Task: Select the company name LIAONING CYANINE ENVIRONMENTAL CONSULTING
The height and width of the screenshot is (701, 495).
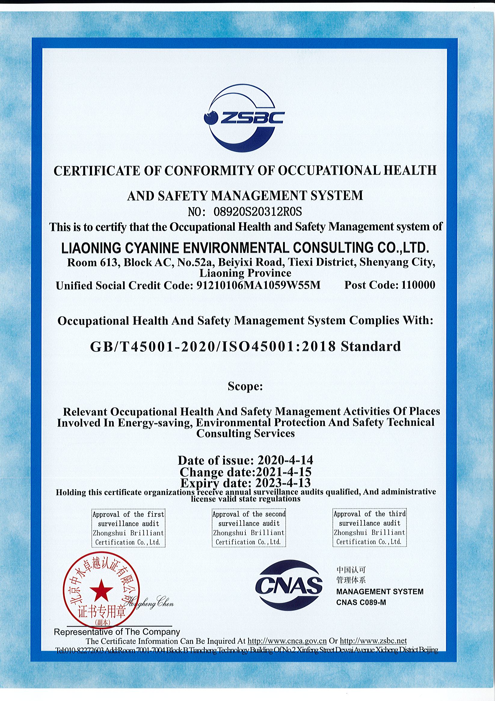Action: point(245,248)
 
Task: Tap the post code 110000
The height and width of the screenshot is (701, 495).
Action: point(418,285)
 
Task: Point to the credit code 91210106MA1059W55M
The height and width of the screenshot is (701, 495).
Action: point(258,285)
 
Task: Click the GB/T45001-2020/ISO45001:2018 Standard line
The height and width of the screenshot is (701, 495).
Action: point(245,346)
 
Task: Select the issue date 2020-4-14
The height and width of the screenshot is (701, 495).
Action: point(285,460)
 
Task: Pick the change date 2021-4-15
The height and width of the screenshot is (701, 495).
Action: point(283,472)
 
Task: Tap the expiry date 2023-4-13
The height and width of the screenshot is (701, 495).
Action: point(283,483)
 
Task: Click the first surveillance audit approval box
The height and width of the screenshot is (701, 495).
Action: point(128,528)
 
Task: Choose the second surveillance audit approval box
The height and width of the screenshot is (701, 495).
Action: point(249,528)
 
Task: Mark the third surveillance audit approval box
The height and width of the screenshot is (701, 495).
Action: point(370,527)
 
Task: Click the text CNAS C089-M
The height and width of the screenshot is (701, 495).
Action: point(361,602)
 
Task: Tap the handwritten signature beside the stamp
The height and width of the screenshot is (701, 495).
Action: point(153,602)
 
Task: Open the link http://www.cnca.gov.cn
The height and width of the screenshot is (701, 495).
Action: point(287,641)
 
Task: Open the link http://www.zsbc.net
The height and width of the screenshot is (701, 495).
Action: point(373,641)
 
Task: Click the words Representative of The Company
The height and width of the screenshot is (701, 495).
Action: point(117,632)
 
